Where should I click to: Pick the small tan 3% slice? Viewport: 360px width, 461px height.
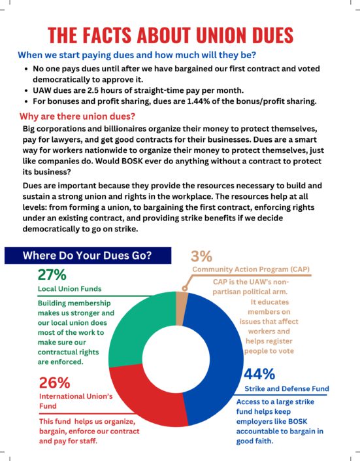click(x=181, y=309)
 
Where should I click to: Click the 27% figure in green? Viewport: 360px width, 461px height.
click(x=52, y=275)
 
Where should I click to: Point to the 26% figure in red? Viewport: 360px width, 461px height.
click(x=55, y=383)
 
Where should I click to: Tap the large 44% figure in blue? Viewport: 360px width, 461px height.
click(x=259, y=374)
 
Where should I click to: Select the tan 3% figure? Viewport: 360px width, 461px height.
click(x=201, y=256)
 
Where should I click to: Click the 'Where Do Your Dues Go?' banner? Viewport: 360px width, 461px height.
click(x=88, y=255)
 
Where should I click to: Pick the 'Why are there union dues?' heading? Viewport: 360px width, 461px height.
click(x=77, y=116)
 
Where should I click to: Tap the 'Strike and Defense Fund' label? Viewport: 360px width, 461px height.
click(x=287, y=388)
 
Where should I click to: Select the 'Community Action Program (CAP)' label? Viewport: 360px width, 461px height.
click(x=251, y=269)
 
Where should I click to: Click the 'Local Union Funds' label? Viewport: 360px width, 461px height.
click(x=70, y=289)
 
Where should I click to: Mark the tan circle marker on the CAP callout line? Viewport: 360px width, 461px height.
click(x=185, y=288)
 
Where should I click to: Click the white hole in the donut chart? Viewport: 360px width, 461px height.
click(x=176, y=359)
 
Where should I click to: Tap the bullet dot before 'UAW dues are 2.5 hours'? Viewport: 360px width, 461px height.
click(x=26, y=91)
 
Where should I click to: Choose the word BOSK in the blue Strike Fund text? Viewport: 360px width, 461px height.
click(x=297, y=421)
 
